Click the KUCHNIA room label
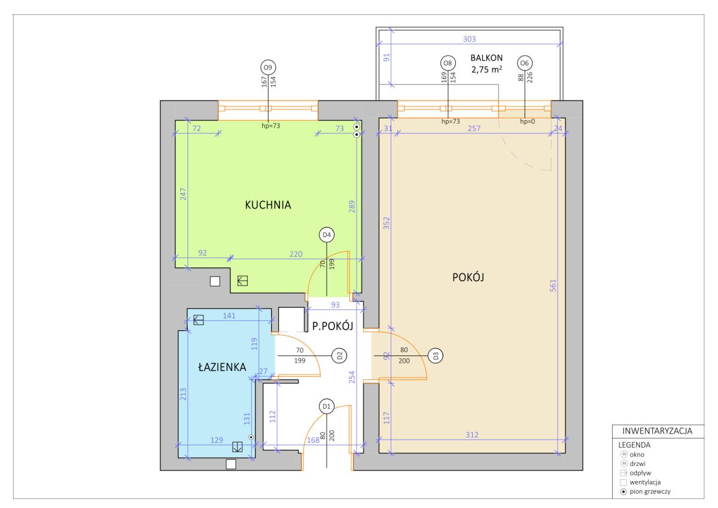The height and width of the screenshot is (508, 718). [x=268, y=205]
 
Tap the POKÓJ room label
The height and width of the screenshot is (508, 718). [x=468, y=277]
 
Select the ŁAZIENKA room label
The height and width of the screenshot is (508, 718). [x=222, y=367]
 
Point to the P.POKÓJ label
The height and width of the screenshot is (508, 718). [x=333, y=326]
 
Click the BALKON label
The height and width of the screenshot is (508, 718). [x=486, y=58]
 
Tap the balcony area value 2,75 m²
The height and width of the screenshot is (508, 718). [x=486, y=69]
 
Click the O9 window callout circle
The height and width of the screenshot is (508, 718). [x=268, y=67]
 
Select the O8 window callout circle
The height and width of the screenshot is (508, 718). [x=448, y=63]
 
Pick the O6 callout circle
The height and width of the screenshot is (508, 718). [x=525, y=63]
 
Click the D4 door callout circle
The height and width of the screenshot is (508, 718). [x=327, y=235]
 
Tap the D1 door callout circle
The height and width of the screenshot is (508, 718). [x=327, y=407]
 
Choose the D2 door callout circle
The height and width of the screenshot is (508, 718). [x=339, y=355]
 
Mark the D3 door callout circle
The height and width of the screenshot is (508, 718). [x=436, y=356]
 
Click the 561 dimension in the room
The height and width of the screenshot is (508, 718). [x=553, y=285]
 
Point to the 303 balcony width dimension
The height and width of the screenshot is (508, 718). [x=469, y=39]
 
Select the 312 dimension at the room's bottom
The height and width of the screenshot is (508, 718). [x=472, y=434]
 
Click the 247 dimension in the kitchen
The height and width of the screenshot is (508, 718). [x=183, y=194]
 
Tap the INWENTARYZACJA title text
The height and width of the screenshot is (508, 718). [x=657, y=431]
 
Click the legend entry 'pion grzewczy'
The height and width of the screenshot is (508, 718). [x=650, y=491]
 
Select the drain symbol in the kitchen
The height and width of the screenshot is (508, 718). [x=243, y=281]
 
